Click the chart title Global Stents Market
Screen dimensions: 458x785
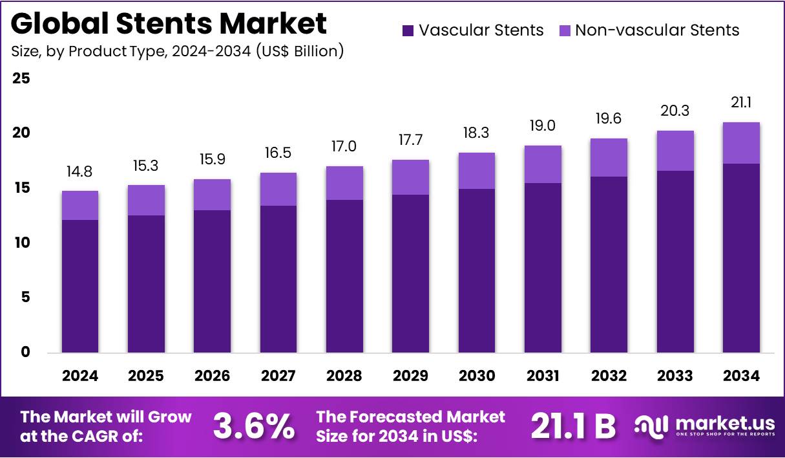[169, 24]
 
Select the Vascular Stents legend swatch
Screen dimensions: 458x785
[408, 30]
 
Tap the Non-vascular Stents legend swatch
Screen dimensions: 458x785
[564, 30]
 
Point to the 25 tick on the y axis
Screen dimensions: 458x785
[21, 78]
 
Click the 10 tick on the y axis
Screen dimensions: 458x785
[21, 243]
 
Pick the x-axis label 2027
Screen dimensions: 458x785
[278, 376]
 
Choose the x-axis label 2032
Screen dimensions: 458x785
[609, 376]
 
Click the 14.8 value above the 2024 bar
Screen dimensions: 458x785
[80, 173]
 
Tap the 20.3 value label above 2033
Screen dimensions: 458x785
[675, 111]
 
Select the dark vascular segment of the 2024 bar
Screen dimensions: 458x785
[80, 286]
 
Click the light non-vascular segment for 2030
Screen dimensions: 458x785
[476, 171]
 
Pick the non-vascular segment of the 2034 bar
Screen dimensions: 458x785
[740, 143]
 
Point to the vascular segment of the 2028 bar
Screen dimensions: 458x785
[344, 276]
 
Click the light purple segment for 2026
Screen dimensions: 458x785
[212, 195]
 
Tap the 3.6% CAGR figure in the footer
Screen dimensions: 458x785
[253, 427]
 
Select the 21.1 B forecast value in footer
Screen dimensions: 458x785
[573, 427]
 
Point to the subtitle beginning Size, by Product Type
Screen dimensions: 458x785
[177, 51]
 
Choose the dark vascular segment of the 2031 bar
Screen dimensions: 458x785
[543, 268]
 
